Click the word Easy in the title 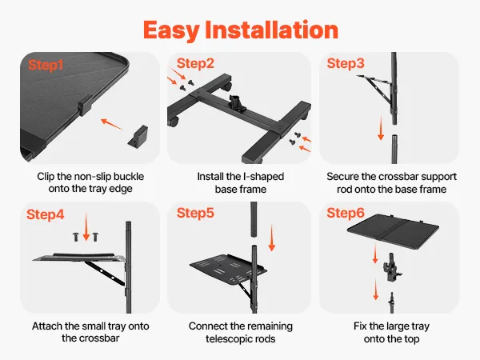coord(171,30)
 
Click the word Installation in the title coord(271,30)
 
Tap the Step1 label coord(46,65)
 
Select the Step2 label coord(195,63)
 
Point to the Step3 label coord(346,63)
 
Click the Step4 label coord(46,214)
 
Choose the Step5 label coord(195,213)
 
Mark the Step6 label coord(346,213)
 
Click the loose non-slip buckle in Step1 coord(138,136)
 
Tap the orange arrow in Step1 coord(111,124)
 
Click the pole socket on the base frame coord(236,103)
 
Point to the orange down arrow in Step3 coord(381,128)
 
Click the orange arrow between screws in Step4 coord(86,227)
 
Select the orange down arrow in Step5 coord(271,238)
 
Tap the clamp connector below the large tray coord(392,267)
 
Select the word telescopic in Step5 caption coord(241,339)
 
